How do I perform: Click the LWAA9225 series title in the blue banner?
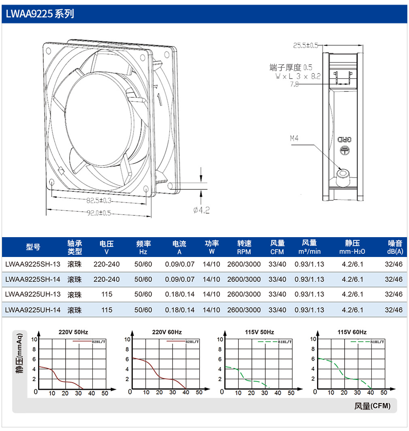(x=40, y=14)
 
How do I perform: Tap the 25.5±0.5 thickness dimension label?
(x=306, y=45)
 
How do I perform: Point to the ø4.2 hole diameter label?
(x=201, y=210)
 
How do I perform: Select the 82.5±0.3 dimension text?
(x=99, y=201)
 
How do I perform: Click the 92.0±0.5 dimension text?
(x=99, y=213)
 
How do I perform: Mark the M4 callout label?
(x=294, y=138)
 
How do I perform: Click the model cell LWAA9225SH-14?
(x=33, y=280)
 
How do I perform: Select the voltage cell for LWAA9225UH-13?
(x=107, y=294)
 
